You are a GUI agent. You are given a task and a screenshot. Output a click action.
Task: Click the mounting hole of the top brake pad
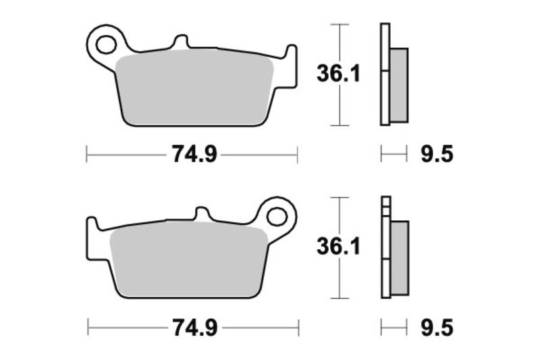coord(105,45)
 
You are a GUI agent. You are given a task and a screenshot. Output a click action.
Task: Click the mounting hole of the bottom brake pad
coord(277,217)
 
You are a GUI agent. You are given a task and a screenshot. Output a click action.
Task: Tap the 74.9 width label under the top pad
coord(193,155)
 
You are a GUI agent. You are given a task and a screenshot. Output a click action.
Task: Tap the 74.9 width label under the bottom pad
coord(193,329)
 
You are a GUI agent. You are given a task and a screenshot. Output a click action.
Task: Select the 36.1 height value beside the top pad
coord(338,74)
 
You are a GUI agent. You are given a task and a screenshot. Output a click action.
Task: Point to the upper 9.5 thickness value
coord(436,155)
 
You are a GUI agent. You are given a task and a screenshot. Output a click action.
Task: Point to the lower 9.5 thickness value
coord(436,329)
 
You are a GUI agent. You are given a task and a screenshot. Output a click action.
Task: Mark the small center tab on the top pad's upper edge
coord(180,42)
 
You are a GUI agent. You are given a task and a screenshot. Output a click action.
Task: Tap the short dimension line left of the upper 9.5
coord(394,155)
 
